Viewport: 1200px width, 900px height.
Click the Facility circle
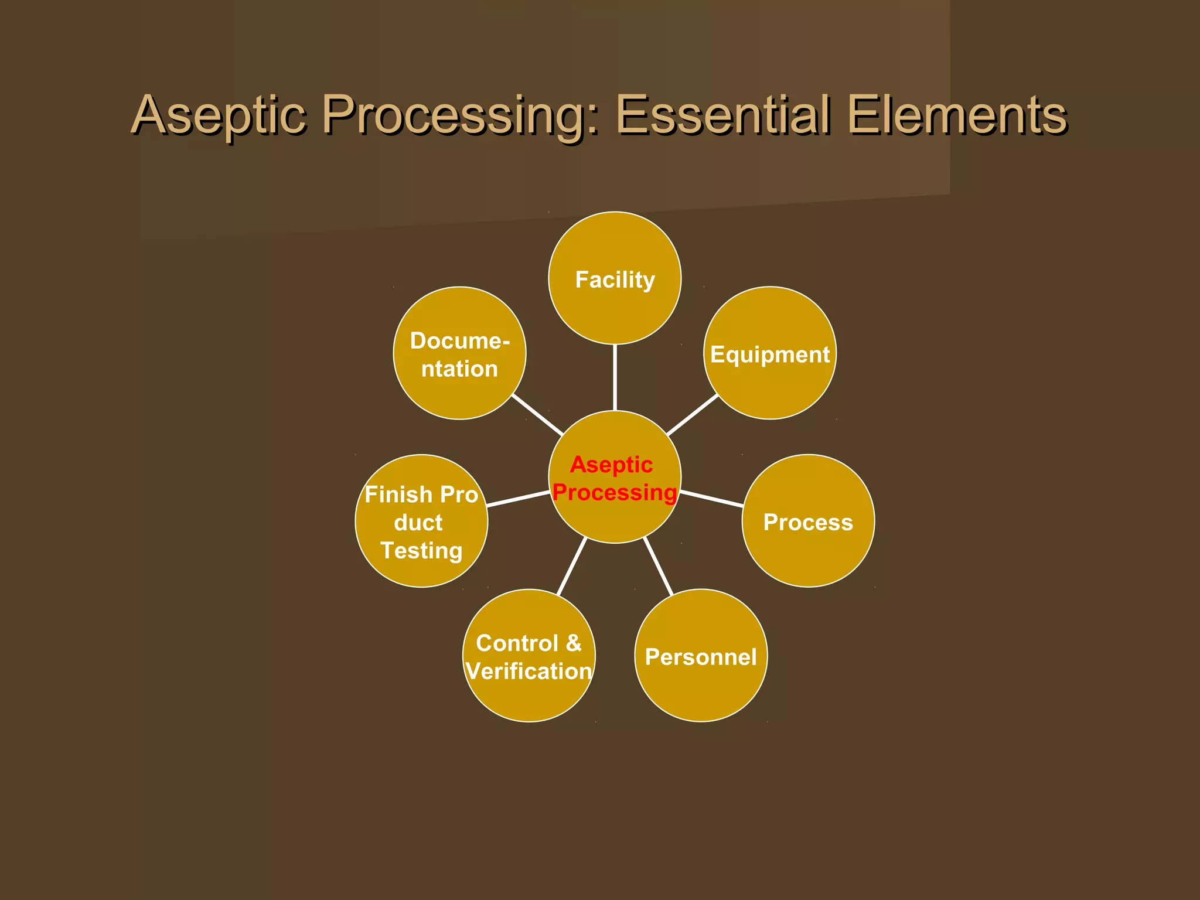615,278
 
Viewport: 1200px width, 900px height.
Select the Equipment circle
769,353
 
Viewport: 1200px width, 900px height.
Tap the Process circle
808,520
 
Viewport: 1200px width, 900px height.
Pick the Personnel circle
701,655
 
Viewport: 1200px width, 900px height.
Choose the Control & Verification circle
529,655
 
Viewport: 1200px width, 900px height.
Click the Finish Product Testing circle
421,520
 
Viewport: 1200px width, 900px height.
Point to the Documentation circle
459,353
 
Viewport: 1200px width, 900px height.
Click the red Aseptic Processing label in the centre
614,478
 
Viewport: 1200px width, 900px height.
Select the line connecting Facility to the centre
615,377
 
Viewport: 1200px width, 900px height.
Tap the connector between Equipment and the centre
693,415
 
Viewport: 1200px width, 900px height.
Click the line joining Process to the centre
712,499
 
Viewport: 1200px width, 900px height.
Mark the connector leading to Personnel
658,566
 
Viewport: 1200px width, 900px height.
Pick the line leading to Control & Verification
572,566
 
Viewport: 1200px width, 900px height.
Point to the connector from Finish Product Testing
518,499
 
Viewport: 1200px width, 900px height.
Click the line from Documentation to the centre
537,415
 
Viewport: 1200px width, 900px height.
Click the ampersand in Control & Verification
574,643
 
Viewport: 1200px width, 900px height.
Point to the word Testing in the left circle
421,550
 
